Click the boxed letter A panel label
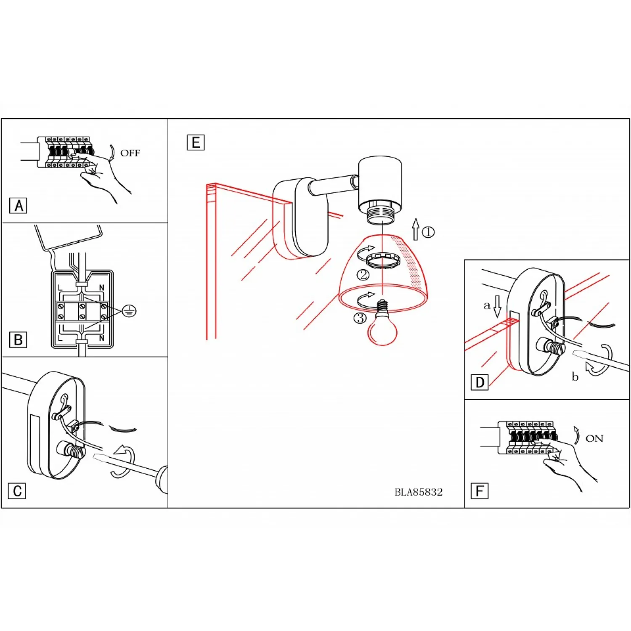pos(18,206)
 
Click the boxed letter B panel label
pos(18,340)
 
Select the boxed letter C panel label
pos(17,491)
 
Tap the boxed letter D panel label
pos(480,382)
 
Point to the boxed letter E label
pos(196,143)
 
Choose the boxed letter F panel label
pos(480,491)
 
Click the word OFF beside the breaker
pos(130,153)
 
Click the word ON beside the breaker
pos(594,439)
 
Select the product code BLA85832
pos(419,492)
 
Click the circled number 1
pos(428,232)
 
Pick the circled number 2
pos(363,275)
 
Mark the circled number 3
pos(360,318)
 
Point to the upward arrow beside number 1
pos(416,229)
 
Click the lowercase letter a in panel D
pos(487,305)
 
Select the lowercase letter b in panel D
pos(575,376)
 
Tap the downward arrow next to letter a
pos(498,306)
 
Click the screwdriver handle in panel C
pos(162,480)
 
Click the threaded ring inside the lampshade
pos(383,260)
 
